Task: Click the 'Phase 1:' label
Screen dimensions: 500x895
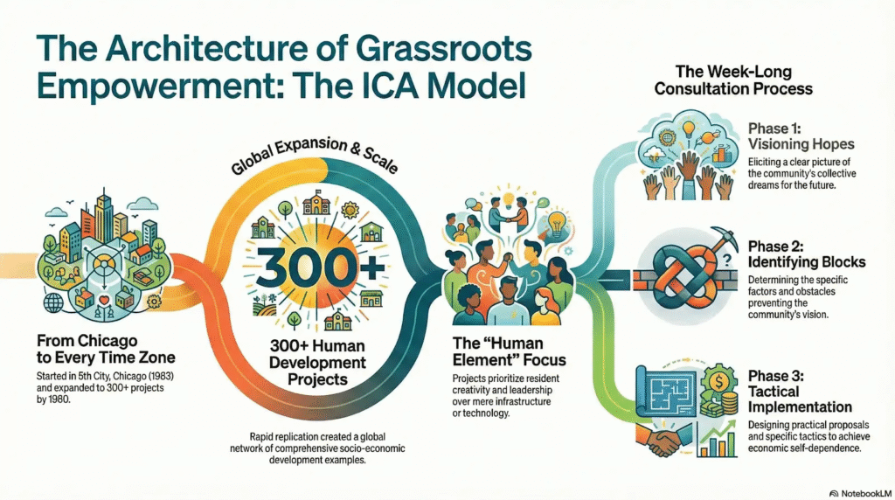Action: (776, 127)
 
